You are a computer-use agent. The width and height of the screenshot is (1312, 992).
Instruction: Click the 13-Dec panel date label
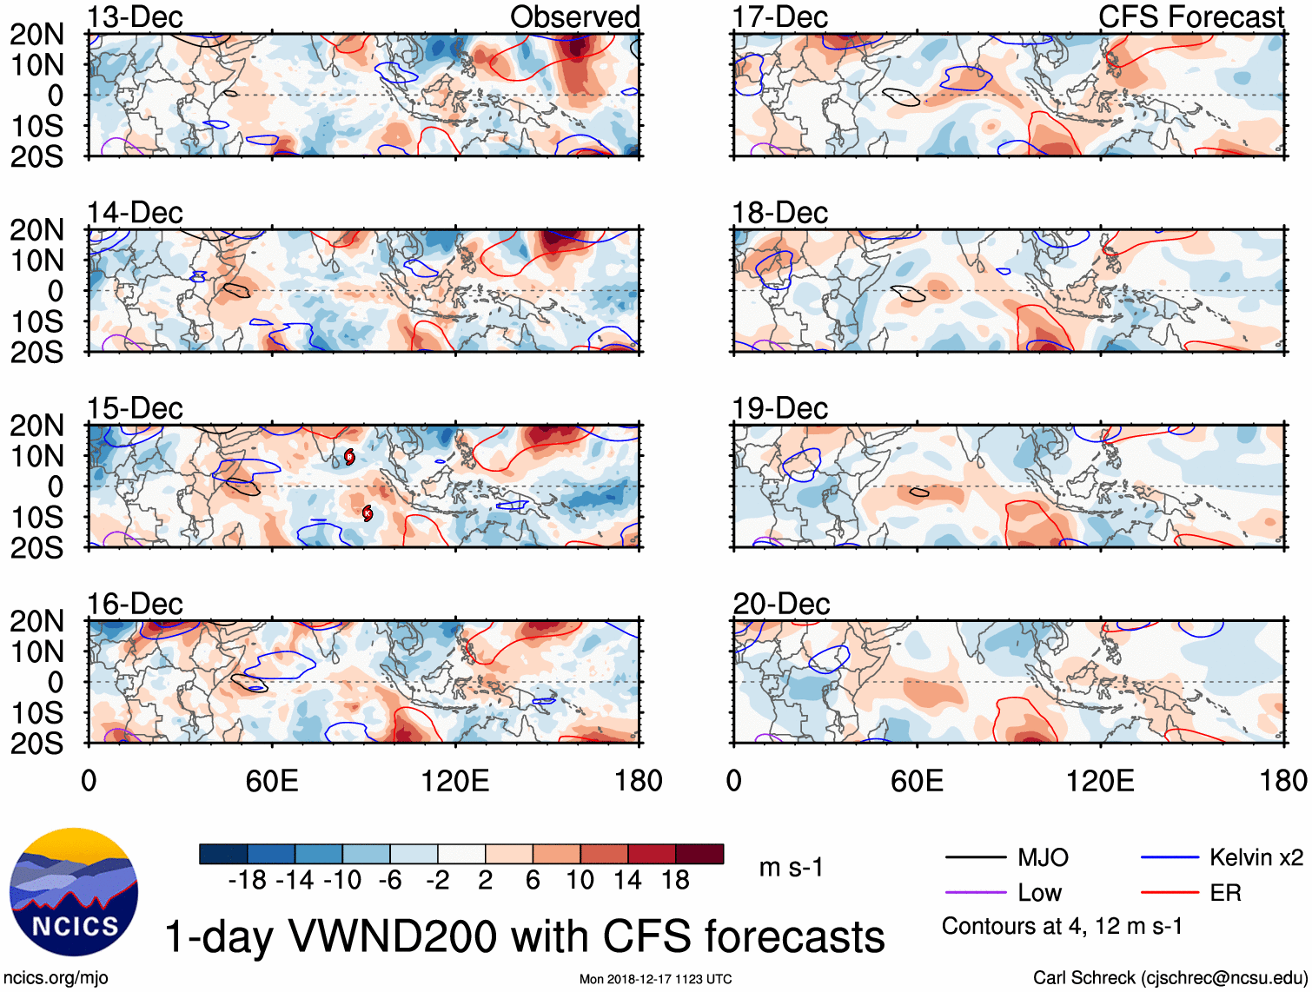(135, 17)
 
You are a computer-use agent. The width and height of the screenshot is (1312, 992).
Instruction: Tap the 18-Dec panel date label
(779, 213)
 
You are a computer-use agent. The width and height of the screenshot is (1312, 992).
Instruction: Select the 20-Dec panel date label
(780, 604)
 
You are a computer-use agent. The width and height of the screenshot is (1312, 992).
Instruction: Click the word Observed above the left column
(574, 17)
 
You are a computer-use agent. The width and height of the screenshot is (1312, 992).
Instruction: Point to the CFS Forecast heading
(1191, 17)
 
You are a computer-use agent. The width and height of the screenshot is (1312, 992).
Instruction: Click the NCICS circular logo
(74, 892)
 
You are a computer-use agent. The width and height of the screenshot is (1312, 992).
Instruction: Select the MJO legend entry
(1042, 858)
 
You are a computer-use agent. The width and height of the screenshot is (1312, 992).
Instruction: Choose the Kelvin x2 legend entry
(1256, 858)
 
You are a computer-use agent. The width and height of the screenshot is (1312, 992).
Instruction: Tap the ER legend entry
(1225, 893)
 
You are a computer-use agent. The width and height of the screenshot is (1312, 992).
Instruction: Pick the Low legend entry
(1039, 893)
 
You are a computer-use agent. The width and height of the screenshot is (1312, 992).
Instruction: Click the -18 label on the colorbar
(247, 881)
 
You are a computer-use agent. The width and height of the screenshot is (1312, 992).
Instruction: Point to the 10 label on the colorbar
(580, 881)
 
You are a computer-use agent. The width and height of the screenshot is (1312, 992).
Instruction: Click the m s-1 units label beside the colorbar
(791, 868)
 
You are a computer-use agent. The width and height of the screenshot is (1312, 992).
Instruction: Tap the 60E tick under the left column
(272, 781)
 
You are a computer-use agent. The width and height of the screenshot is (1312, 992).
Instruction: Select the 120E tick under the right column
(1100, 781)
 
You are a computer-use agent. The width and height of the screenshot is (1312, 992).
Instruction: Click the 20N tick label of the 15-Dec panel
(36, 426)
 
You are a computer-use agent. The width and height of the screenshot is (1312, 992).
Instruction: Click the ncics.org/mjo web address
(56, 978)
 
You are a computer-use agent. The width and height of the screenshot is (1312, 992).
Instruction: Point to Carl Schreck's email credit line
(1170, 978)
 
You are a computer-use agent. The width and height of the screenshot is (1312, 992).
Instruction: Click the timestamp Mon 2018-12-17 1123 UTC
(655, 979)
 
